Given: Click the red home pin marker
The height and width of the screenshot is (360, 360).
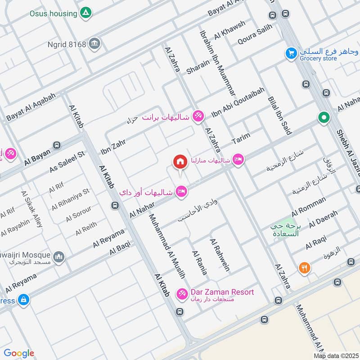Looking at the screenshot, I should [180, 162].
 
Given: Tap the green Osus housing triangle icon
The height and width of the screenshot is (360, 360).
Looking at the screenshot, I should [85, 13].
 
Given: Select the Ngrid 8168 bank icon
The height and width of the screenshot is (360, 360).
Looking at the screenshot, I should [95, 44].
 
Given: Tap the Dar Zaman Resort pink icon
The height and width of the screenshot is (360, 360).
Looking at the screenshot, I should [181, 293].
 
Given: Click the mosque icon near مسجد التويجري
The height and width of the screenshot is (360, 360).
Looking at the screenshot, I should [59, 257].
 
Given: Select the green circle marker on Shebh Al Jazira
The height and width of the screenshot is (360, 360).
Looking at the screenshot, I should [324, 118].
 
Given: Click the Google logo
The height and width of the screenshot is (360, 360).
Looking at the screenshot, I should [18, 353].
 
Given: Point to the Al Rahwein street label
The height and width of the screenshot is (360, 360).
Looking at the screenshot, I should [220, 255].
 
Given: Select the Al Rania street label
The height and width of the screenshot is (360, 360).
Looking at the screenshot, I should [199, 263].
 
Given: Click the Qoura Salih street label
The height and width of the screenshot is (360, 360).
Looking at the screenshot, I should [255, 35].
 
